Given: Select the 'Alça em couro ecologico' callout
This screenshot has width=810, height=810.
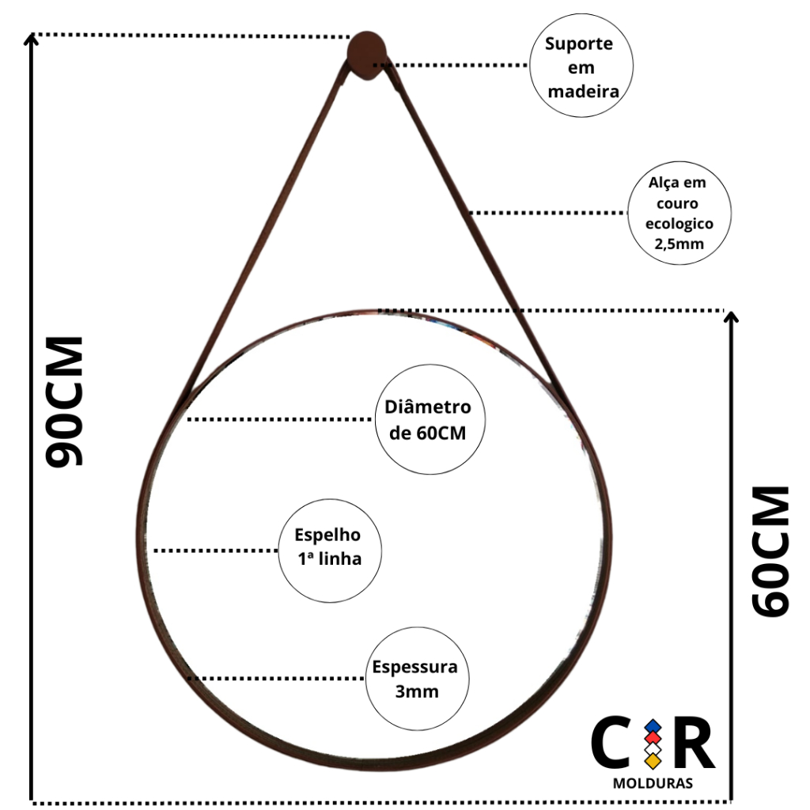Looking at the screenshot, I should tap(679, 214).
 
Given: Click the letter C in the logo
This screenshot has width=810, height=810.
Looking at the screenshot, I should tap(611, 744).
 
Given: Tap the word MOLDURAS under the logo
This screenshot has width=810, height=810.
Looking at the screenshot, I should tap(653, 784).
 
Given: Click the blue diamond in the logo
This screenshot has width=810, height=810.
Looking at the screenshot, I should tap(653, 725).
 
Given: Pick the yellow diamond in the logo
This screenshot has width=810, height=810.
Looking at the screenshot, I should tap(653, 761).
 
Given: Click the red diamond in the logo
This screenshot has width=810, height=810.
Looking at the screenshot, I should tap(653, 737).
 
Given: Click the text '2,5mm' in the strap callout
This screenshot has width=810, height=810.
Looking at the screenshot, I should tap(679, 244).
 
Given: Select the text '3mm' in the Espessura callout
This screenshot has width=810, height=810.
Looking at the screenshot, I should tap(416, 691).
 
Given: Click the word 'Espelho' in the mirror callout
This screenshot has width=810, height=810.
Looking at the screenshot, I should tap(327, 536).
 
